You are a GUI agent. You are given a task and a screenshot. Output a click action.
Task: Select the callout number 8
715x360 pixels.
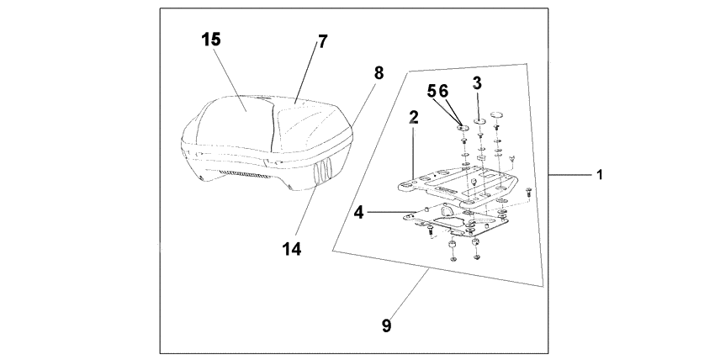pyautogui.click(x=379, y=72)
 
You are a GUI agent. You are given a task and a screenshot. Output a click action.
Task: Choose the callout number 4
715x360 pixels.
pyautogui.click(x=359, y=213)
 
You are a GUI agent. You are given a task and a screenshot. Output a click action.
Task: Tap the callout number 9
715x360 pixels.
pyautogui.click(x=387, y=326)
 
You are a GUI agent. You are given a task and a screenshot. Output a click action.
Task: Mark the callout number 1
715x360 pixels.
pyautogui.click(x=600, y=175)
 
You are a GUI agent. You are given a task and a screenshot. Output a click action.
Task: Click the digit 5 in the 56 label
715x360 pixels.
pyautogui.click(x=432, y=91)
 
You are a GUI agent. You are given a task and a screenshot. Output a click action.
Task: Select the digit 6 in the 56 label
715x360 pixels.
pyautogui.click(x=444, y=91)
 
